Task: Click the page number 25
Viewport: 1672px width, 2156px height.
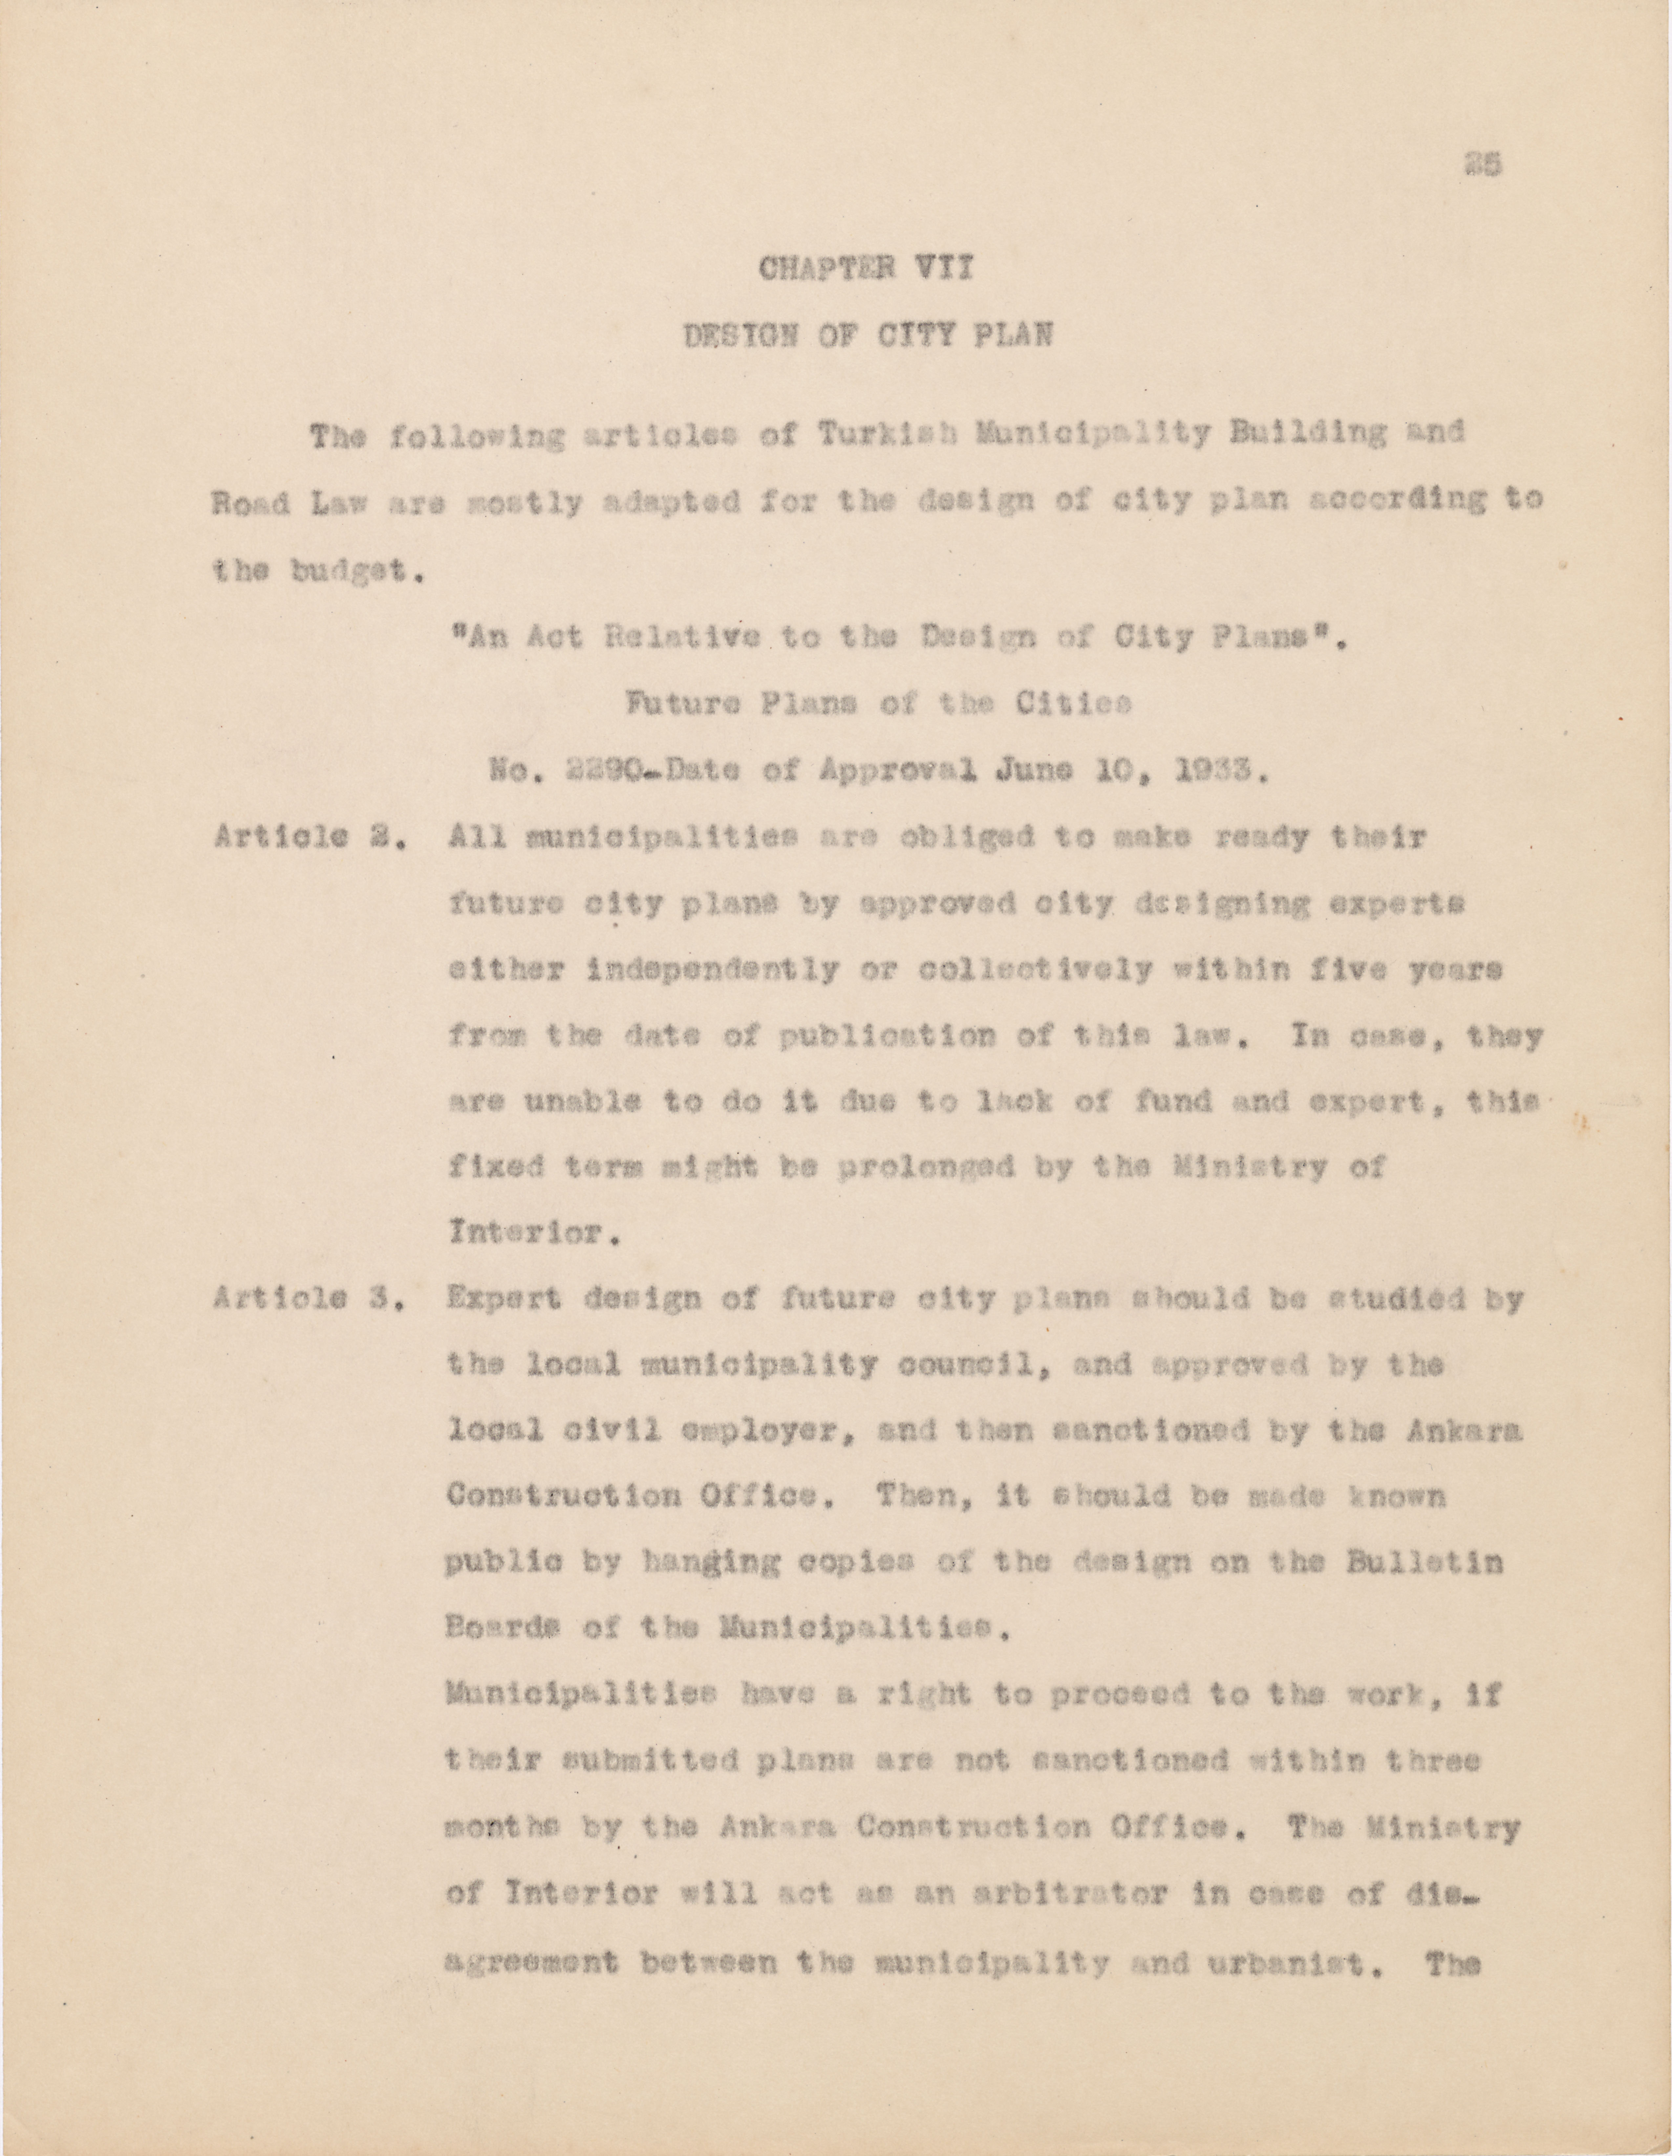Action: point(1484,166)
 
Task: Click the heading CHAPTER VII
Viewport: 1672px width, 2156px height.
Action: point(865,269)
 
